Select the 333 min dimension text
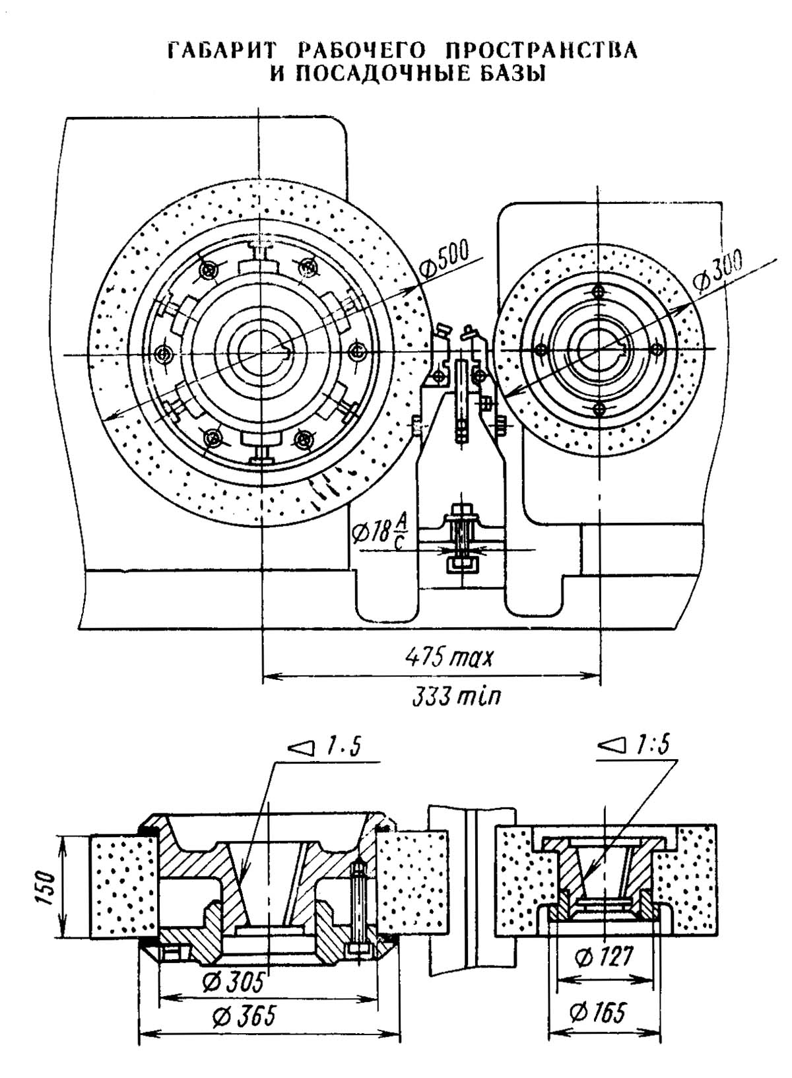[x=456, y=696]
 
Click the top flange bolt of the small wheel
[x=598, y=290]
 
